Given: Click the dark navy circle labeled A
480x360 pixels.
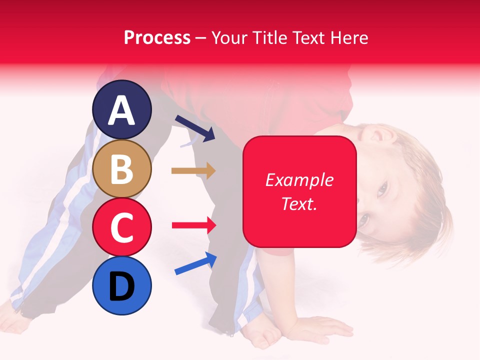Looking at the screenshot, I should pos(122,109).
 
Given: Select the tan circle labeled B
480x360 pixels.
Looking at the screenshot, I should pos(122,168).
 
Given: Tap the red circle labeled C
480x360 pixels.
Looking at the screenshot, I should pos(122,227).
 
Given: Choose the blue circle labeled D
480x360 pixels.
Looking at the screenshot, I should pos(122,286).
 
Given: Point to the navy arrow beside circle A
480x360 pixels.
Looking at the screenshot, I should pos(195,127).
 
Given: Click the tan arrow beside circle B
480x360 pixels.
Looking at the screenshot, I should pos(193,171).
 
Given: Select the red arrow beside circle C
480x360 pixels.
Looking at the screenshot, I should pos(193,225).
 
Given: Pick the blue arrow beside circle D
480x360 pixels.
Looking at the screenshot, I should pos(195,263).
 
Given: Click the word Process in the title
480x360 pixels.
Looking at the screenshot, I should pos(157,38).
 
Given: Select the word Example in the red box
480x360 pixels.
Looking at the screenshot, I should pos(299,180).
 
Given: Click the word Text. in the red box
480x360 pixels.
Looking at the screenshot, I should pos(299,203).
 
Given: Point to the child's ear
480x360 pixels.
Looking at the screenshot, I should pos(376,134).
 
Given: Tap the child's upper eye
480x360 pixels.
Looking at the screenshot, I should pos(382,189).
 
